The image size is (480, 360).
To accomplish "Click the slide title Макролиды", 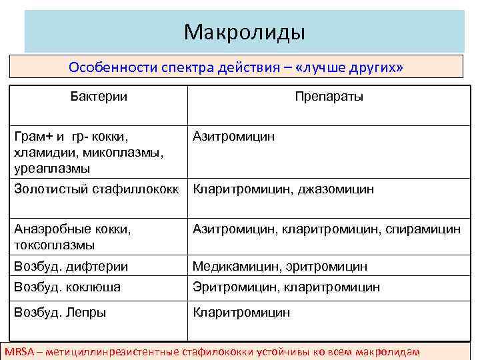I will [x=244, y=31].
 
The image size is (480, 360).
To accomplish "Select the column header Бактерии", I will [x=99, y=97].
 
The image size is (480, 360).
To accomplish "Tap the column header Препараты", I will [x=329, y=97].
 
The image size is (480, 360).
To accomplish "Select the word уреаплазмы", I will [x=49, y=169].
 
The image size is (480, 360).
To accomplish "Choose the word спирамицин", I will [x=423, y=229].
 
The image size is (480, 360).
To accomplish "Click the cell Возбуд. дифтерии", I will [x=71, y=267].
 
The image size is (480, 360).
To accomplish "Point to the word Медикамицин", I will [x=233, y=267].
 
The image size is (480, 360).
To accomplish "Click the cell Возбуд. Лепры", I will [x=60, y=311].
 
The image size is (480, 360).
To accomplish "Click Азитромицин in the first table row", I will [x=233, y=137].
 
